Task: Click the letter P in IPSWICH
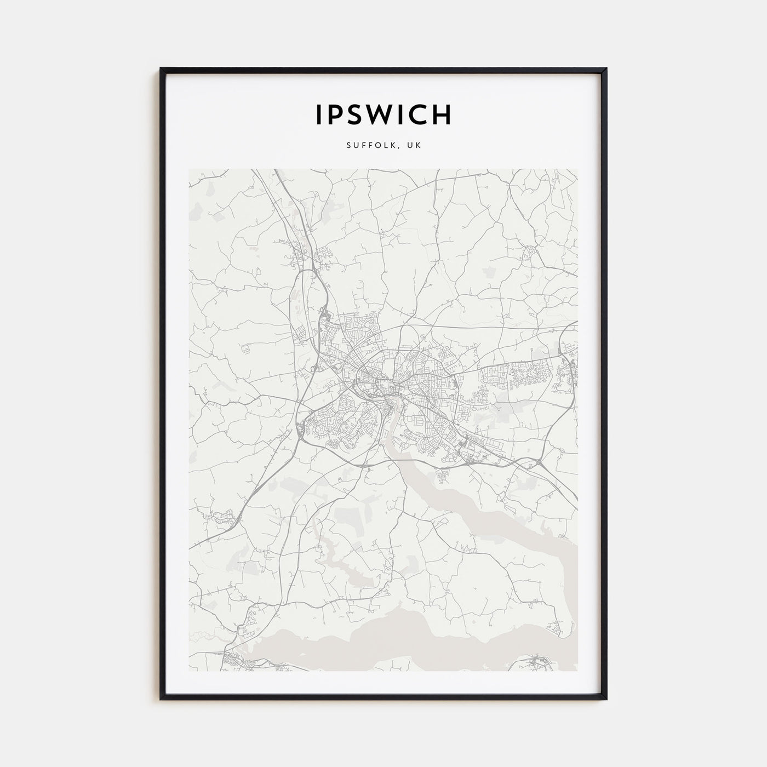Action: click(x=335, y=115)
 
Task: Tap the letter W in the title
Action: click(x=384, y=115)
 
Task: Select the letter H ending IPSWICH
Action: click(x=442, y=115)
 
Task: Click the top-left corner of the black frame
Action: click(x=161, y=69)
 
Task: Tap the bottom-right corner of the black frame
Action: click(x=606, y=699)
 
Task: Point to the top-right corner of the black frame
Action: click(x=606, y=69)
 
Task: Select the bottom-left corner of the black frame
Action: click(x=161, y=699)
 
